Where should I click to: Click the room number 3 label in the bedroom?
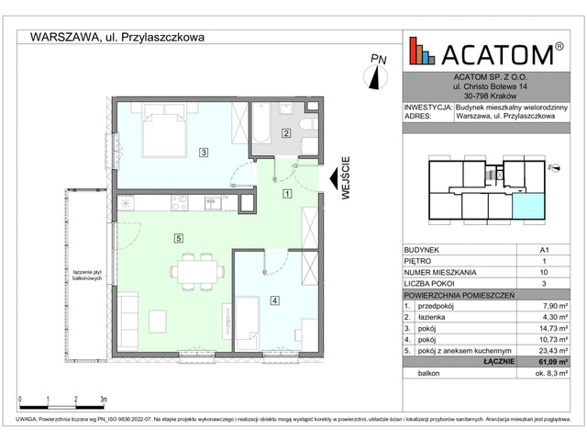point(203,153)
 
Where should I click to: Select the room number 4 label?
point(273,300)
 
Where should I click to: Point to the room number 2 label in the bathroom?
point(285,134)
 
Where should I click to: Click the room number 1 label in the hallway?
point(286,194)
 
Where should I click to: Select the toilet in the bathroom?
point(308,123)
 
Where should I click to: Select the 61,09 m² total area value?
point(548,363)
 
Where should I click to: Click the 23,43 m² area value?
point(549,350)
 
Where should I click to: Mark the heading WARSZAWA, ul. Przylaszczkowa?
point(117,38)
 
